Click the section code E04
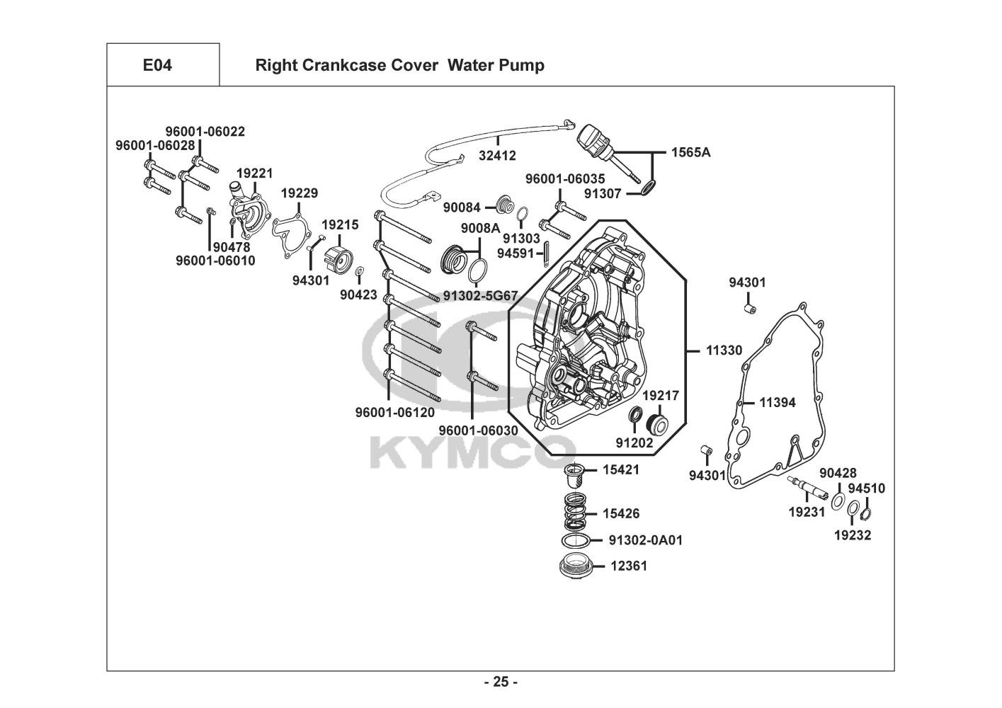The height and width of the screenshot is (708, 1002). click(157, 65)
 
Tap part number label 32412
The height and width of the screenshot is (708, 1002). click(497, 155)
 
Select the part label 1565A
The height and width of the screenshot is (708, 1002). click(690, 152)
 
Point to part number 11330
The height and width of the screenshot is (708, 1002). click(724, 350)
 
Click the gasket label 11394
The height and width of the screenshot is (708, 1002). click(778, 403)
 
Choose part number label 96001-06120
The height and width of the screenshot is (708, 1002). click(395, 412)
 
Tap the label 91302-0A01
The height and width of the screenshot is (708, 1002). click(646, 540)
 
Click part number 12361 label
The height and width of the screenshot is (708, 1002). click(629, 566)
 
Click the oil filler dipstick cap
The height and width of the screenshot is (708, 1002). click(593, 140)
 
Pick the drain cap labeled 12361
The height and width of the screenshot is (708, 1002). click(576, 566)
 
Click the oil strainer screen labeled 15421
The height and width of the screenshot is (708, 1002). click(575, 476)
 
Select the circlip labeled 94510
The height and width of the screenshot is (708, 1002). click(865, 514)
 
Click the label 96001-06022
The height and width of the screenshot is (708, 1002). click(205, 132)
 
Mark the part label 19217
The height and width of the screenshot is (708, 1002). click(661, 395)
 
